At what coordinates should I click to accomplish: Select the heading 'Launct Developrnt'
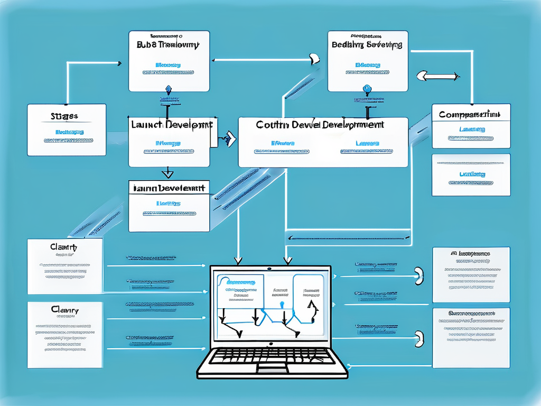[171, 125]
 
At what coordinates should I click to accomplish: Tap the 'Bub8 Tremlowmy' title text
[168, 45]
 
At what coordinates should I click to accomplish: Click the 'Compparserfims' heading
[471, 114]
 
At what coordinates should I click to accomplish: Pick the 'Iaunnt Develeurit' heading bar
[169, 188]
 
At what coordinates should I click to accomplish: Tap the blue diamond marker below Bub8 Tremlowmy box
[169, 89]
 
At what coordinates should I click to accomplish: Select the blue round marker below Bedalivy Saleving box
[366, 89]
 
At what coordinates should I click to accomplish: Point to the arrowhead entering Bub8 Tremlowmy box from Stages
[119, 63]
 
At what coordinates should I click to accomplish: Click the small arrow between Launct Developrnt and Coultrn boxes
[228, 139]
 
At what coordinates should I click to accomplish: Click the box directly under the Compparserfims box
[471, 174]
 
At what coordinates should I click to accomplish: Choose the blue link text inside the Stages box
[69, 132]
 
